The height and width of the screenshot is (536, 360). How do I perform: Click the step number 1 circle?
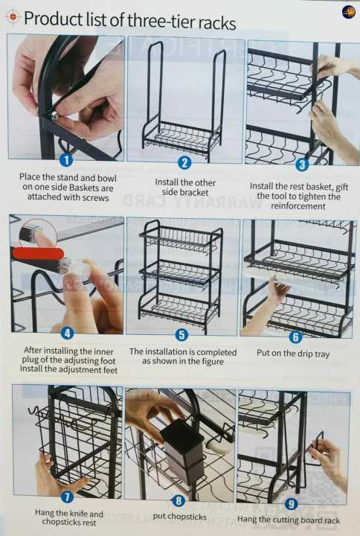coord(65,159)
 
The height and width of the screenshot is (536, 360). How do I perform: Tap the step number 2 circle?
coord(184,162)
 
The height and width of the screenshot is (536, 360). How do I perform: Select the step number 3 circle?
coord(302,165)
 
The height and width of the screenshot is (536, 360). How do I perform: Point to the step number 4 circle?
coord(67,334)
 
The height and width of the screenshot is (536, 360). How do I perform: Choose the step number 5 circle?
coord(181,335)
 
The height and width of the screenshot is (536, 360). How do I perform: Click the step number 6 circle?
coord(295,336)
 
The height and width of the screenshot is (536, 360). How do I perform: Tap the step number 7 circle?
coord(67,497)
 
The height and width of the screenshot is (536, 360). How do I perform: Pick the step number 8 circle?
coord(179,501)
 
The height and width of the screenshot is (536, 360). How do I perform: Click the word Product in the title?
coord(51,19)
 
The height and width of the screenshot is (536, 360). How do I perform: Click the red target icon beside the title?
coord(12,16)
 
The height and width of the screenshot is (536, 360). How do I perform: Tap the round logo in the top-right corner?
coord(348,12)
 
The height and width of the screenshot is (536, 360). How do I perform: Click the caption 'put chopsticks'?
coord(179,516)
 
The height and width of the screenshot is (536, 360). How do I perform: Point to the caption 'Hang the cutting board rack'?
coord(289,519)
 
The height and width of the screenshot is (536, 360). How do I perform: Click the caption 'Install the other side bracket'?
coord(185,187)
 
